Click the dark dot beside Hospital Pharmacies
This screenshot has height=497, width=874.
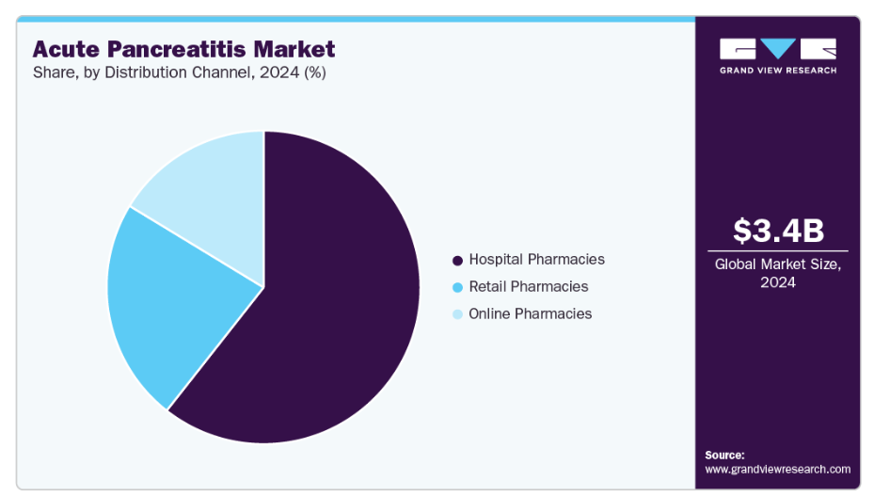click(x=457, y=260)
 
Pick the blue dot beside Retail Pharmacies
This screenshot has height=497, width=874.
click(x=457, y=287)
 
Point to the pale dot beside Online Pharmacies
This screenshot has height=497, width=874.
click(x=457, y=314)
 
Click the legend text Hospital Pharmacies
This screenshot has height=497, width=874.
click(x=536, y=259)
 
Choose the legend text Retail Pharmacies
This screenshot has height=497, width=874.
click(x=528, y=286)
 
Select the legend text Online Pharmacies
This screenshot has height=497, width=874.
click(x=530, y=313)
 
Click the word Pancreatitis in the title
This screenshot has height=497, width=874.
click(x=185, y=49)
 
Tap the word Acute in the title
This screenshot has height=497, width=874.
click(x=64, y=49)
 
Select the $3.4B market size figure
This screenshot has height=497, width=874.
click(x=777, y=230)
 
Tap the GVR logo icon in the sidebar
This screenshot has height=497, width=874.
click(x=777, y=49)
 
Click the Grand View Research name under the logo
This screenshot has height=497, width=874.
click(x=777, y=71)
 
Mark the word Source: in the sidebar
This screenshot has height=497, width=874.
click(x=724, y=455)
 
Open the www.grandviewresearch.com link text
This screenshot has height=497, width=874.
click(x=777, y=469)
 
